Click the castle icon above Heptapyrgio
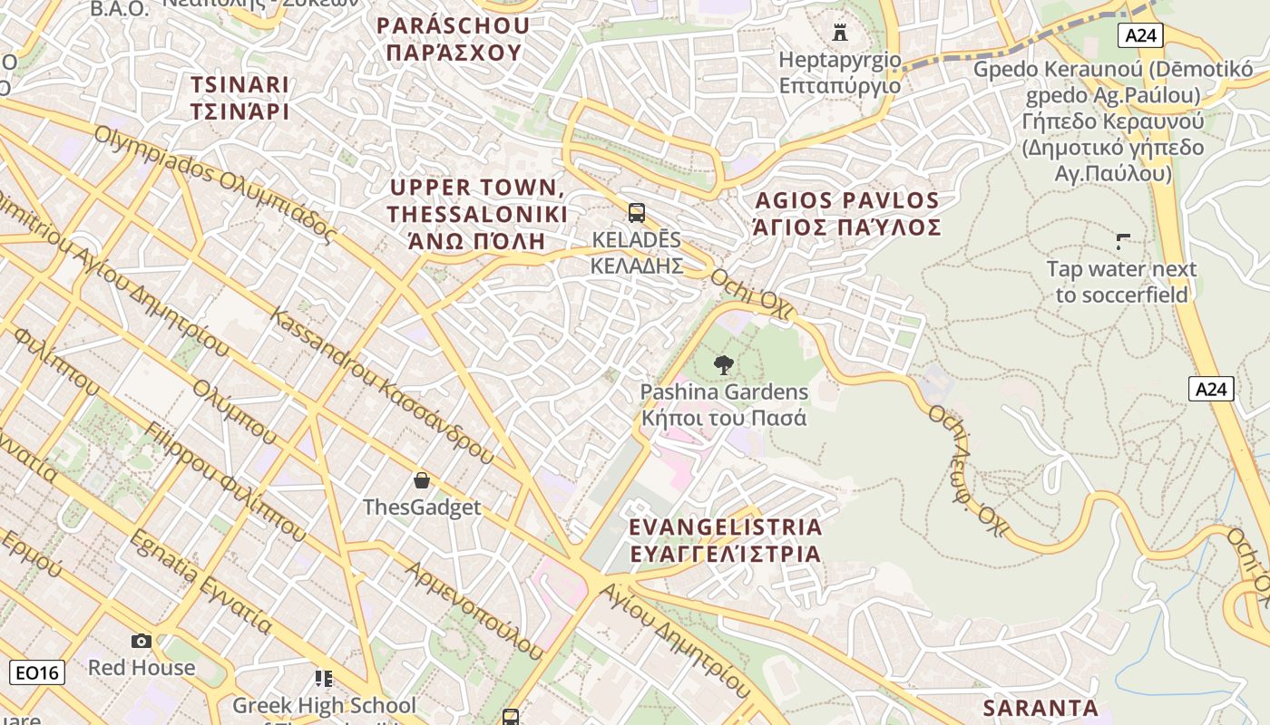click(x=840, y=33)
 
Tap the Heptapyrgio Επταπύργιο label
click(x=840, y=72)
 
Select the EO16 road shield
click(x=36, y=672)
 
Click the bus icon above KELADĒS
click(x=637, y=213)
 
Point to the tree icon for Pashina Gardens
click(x=723, y=365)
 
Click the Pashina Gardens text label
click(x=723, y=405)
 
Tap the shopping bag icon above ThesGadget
click(x=421, y=479)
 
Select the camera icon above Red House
click(x=141, y=641)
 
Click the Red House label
click(x=141, y=668)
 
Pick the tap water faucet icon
click(x=1123, y=241)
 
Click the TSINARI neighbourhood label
click(x=239, y=98)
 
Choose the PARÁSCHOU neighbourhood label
click(x=453, y=39)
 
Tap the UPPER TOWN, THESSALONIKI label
click(x=477, y=214)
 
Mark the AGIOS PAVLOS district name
click(x=846, y=213)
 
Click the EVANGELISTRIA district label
click(x=725, y=540)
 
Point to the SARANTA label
click(x=1040, y=708)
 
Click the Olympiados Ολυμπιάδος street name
click(x=215, y=185)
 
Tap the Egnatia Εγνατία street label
click(x=200, y=581)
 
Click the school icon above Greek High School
click(x=324, y=678)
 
